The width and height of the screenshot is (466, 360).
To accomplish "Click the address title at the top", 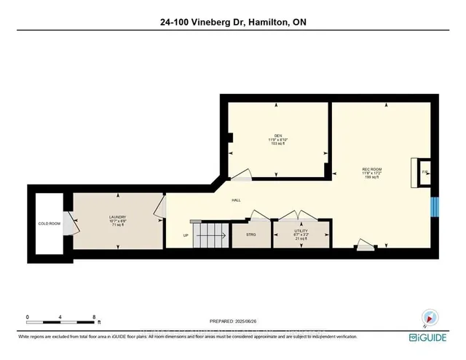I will pyautogui.click(x=232, y=23).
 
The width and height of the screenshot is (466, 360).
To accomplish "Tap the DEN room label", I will pyautogui.click(x=277, y=136).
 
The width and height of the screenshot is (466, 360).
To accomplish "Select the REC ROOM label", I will pyautogui.click(x=372, y=171).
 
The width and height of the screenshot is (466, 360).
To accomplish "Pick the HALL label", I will pyautogui.click(x=237, y=200).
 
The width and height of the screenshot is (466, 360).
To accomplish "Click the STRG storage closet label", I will pyautogui.click(x=250, y=235).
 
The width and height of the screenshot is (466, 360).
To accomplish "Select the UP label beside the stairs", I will pyautogui.click(x=185, y=235).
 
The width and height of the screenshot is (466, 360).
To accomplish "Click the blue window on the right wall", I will pyautogui.click(x=433, y=207).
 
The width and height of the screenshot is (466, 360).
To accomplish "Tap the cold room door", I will pyautogui.click(x=68, y=226).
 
